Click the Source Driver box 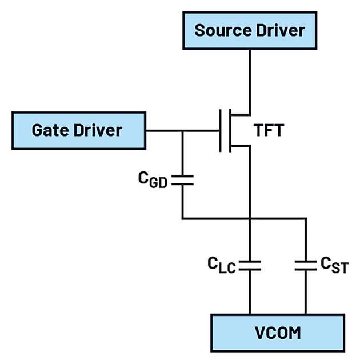tap(250, 30)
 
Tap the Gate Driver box tap(77, 130)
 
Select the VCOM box tap(277, 331)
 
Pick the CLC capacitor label tap(222, 265)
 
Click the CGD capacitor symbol tap(182, 180)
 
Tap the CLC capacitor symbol tap(250, 265)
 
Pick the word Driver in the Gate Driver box tap(98, 130)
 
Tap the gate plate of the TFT tap(221, 131)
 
